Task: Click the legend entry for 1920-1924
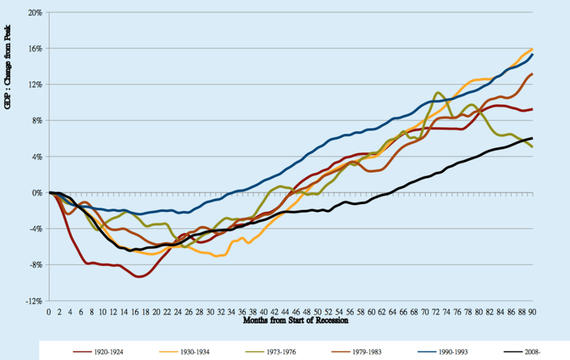98,352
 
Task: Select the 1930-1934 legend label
184,352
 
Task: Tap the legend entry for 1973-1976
271,352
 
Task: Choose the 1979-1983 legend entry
357,352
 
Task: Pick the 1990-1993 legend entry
443,352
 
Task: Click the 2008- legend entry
522,352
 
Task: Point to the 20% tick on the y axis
35,13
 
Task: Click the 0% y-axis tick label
37,193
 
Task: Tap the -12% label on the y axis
34,301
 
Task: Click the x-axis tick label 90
532,312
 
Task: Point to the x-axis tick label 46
296,312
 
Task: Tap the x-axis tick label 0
49,312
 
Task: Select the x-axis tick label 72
435,312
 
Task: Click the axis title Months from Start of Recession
296,320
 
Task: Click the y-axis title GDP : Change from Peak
7,67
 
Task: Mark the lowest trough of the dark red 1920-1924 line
139,277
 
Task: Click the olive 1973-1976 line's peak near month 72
438,92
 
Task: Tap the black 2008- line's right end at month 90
532,138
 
